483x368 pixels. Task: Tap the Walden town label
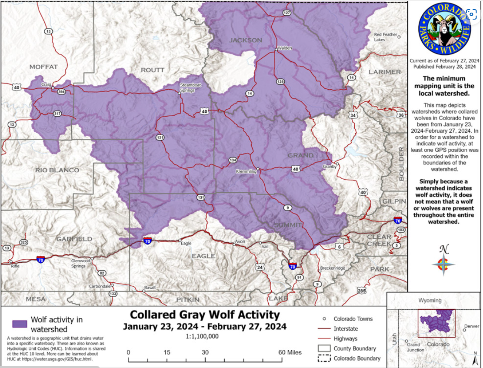[285, 48]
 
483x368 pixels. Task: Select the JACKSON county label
[246, 40]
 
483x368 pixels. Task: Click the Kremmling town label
[246, 171]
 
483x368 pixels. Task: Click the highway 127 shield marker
[286, 13]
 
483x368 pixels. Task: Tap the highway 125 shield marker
[280, 81]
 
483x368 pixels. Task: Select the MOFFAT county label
[43, 67]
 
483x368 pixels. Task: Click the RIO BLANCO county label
[57, 170]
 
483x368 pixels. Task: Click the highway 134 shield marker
[233, 161]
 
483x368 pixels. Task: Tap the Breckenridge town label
[332, 268]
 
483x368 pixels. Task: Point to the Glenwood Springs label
[81, 263]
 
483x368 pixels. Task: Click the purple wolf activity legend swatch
[20, 324]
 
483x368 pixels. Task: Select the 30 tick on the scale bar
[205, 352]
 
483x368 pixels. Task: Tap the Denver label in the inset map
[471, 326]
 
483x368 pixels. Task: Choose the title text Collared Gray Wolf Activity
[205, 314]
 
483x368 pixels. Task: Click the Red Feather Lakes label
[386, 37]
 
